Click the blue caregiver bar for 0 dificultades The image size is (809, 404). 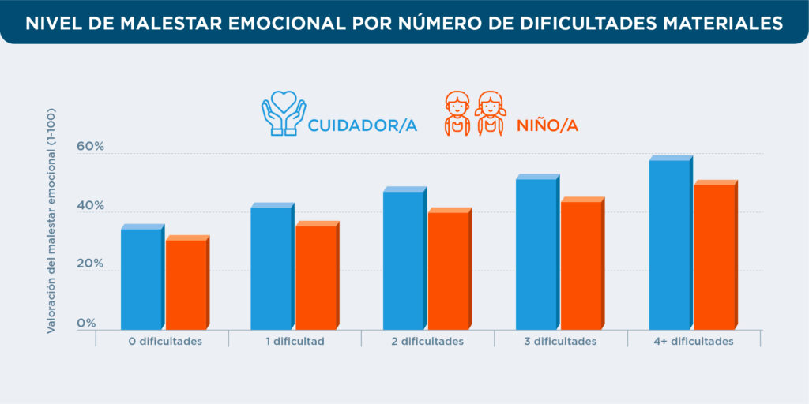pos(141,279)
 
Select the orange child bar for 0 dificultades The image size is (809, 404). pos(186,284)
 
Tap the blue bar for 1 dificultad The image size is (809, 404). pos(271,268)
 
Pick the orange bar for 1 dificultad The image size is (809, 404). pos(316,277)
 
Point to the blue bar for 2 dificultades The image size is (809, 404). pos(404,260)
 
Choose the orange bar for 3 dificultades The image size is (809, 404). pos(581,265)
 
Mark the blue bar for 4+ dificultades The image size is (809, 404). pos(669,245)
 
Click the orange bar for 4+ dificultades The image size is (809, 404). pos(714,256)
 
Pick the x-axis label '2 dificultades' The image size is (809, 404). pos(427,342)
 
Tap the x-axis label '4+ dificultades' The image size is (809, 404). pos(694,342)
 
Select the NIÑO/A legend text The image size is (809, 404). pos(547,125)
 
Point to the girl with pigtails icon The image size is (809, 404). pos(491,114)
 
